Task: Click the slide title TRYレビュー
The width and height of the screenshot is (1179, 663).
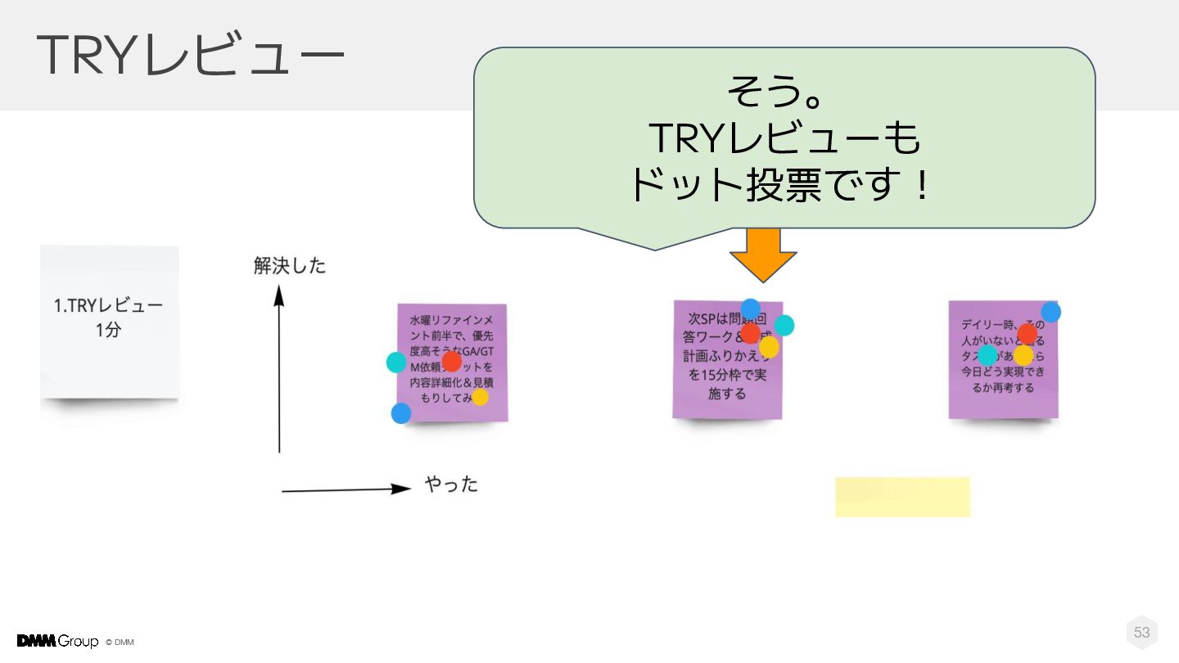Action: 190,56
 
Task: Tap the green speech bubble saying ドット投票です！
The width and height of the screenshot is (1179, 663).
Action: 784,138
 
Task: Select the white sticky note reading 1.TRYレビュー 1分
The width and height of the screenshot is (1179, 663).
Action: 109,321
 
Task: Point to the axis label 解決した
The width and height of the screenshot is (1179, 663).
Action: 290,265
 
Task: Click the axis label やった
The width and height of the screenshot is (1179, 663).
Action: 451,485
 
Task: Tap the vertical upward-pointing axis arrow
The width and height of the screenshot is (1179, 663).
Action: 279,368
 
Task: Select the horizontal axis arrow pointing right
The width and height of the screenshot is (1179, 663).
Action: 346,489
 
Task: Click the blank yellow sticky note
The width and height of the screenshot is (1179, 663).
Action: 902,497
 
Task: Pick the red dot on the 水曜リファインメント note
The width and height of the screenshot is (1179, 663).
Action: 451,361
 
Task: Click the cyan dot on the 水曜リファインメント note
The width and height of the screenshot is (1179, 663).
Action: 396,362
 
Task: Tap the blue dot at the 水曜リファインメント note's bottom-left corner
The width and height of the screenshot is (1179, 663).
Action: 401,413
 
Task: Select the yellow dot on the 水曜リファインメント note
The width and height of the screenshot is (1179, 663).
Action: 480,397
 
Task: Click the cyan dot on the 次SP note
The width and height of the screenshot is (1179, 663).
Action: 784,325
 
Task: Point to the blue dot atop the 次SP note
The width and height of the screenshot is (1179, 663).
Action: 750,309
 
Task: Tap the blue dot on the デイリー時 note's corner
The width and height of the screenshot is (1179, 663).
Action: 1051,312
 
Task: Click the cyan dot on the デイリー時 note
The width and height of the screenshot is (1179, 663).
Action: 988,355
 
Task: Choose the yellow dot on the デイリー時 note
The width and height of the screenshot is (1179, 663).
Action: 1023,355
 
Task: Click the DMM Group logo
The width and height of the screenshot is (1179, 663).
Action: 57,641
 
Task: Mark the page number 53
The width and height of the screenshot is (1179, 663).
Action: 1141,632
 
